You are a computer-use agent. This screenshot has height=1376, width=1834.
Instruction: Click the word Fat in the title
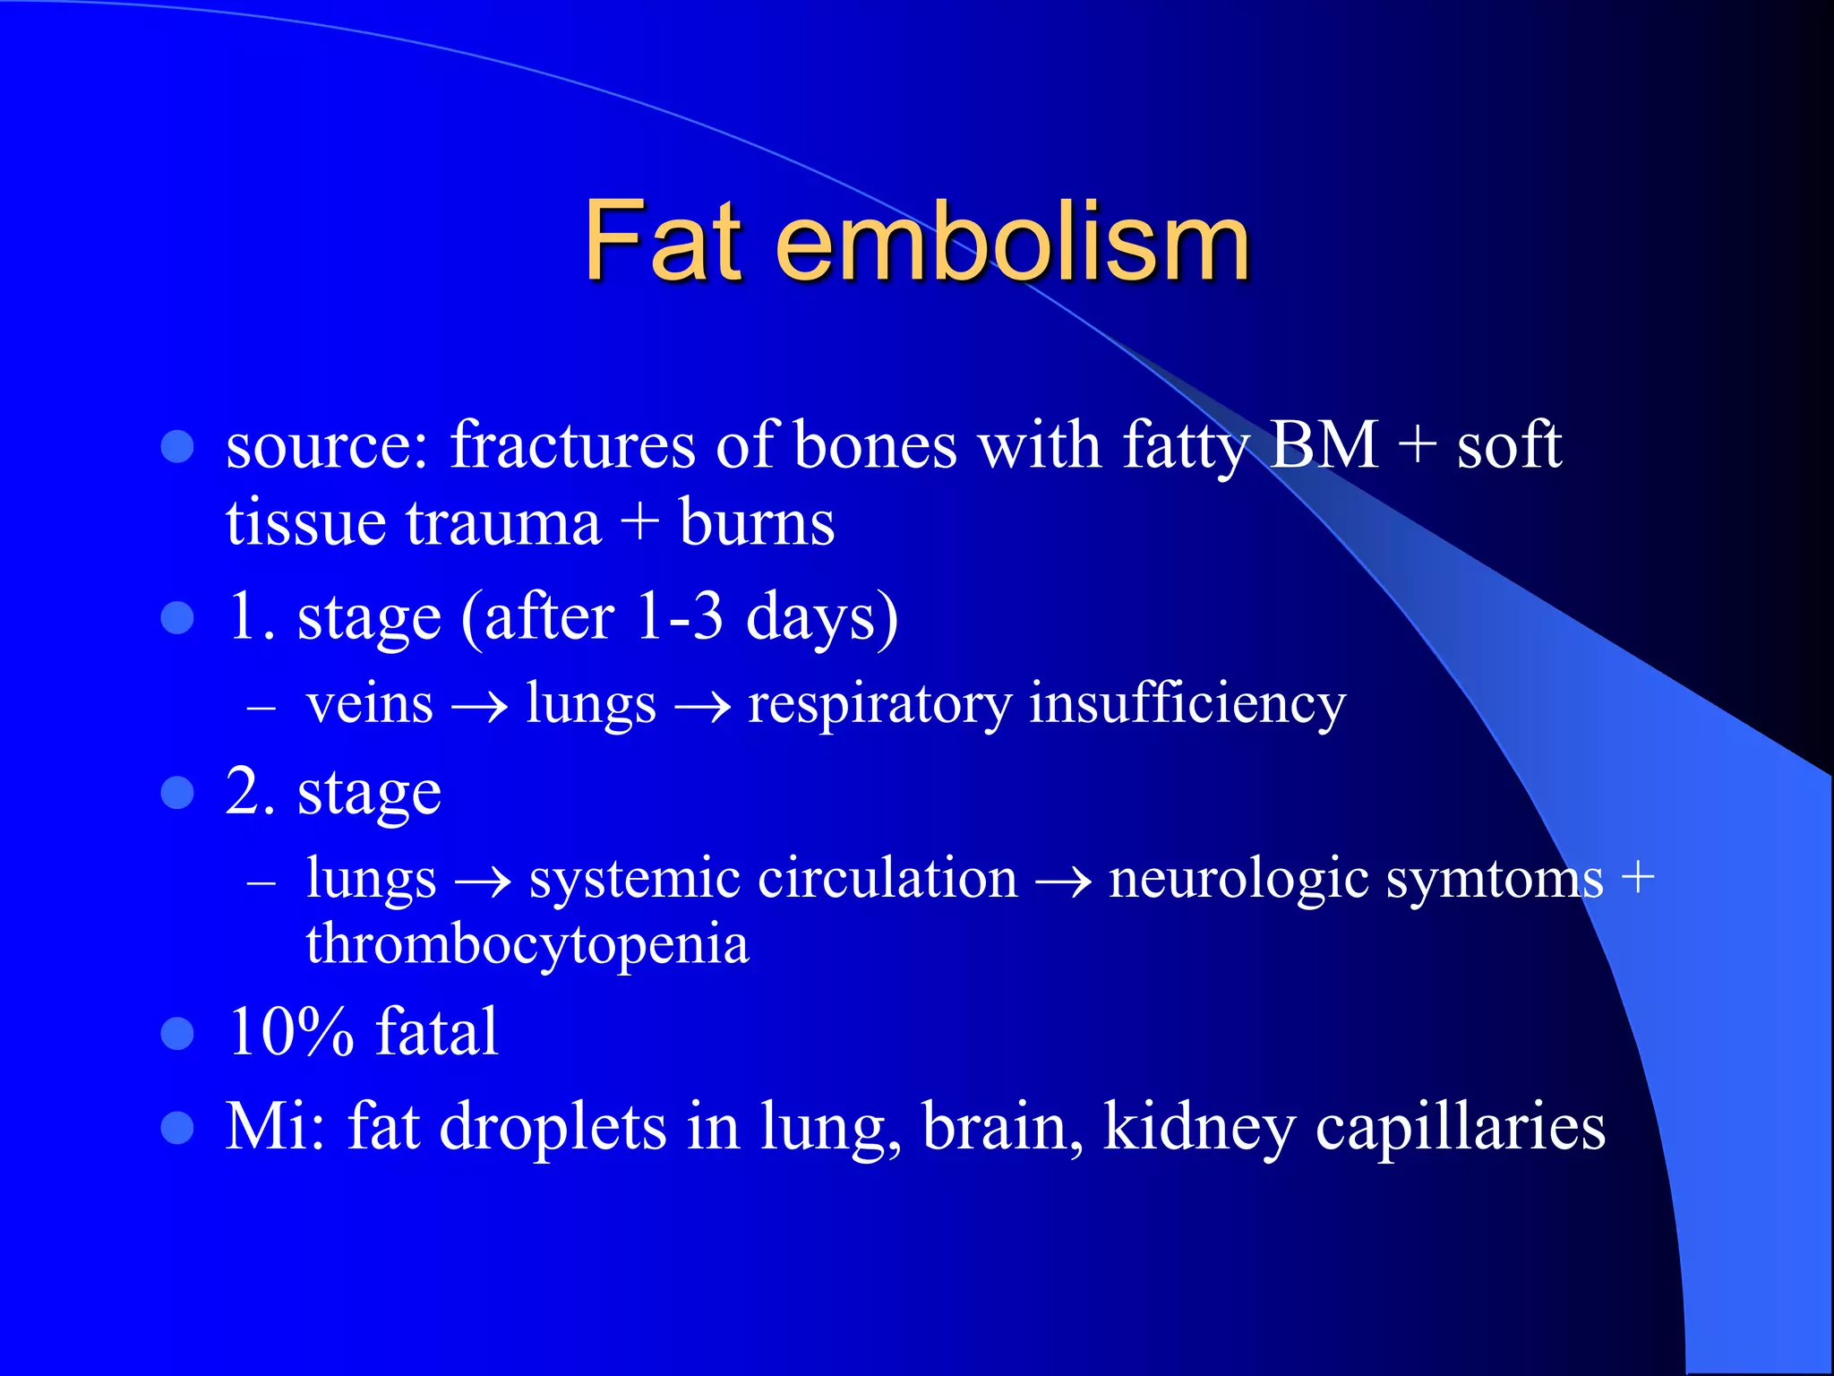[664, 240]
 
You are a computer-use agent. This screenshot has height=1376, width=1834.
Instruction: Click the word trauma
[503, 524]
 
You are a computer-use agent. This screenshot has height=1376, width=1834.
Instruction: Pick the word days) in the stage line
[822, 618]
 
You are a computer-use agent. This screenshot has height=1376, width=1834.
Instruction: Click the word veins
[370, 703]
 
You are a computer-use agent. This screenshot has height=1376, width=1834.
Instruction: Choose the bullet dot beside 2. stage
[177, 793]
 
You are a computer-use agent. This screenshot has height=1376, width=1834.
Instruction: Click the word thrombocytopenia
[527, 946]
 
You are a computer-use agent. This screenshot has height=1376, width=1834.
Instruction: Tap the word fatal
[436, 1032]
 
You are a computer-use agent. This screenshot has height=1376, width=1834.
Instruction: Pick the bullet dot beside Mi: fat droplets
[177, 1129]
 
